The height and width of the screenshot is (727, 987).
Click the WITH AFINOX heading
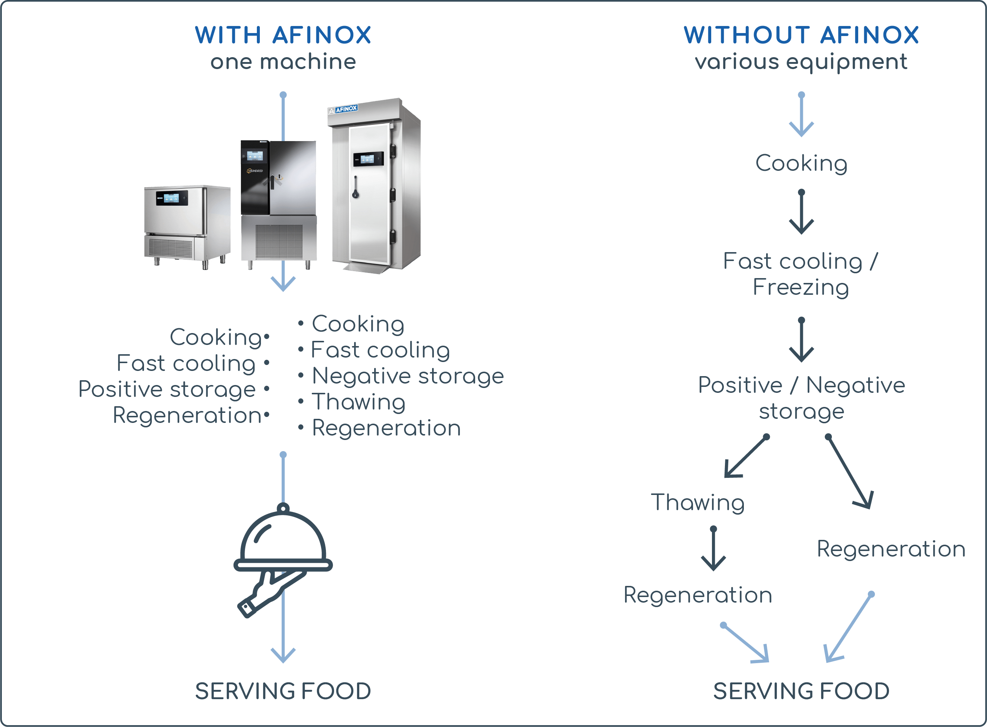tap(283, 35)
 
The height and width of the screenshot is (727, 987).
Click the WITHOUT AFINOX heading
tap(801, 35)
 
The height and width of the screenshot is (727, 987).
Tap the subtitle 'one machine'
tap(283, 62)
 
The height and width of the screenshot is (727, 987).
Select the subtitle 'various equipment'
tap(801, 62)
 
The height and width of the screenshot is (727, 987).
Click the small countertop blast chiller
tap(187, 224)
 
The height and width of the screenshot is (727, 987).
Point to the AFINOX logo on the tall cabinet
tap(343, 109)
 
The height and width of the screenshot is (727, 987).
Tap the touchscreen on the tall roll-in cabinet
tap(368, 159)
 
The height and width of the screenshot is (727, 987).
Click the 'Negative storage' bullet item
tap(408, 376)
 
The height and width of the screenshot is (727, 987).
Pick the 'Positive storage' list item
tap(167, 389)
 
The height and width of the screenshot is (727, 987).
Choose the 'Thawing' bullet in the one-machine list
tap(359, 402)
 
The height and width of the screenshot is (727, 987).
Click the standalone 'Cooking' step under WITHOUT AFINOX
tap(801, 163)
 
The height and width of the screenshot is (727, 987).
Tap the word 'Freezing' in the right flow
tap(801, 287)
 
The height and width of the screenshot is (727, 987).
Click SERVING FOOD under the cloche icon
tap(283, 691)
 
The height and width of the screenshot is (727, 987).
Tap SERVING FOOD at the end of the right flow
tap(801, 691)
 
